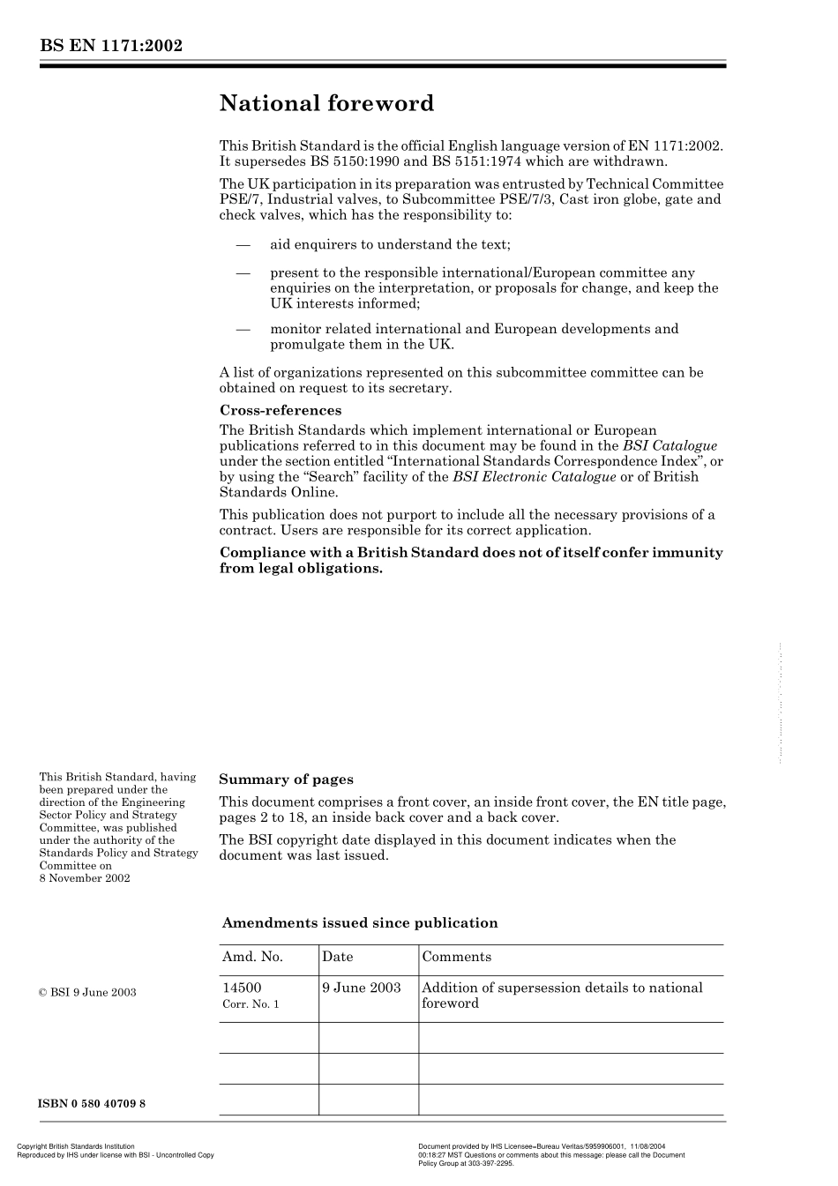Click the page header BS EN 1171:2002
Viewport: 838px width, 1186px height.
(x=110, y=46)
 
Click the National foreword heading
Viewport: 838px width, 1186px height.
(x=326, y=104)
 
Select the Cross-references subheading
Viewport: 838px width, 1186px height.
(x=280, y=410)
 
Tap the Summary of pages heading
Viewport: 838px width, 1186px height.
(x=286, y=779)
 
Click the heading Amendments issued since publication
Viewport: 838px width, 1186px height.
(x=360, y=923)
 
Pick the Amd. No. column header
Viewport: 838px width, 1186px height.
(x=252, y=957)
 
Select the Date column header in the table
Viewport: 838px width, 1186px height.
(x=337, y=957)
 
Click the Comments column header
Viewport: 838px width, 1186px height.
(x=456, y=957)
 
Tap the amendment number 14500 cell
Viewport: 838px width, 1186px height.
(x=242, y=988)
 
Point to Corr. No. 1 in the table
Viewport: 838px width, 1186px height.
(x=251, y=1004)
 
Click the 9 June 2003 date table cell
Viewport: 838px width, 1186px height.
(x=362, y=988)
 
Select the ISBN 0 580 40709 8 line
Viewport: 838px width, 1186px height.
(x=93, y=1104)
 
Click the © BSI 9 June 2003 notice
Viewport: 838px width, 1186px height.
(x=87, y=992)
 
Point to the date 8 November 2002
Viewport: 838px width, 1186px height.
(x=85, y=878)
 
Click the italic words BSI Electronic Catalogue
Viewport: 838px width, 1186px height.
(x=534, y=477)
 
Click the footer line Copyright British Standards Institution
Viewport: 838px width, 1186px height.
(x=76, y=1146)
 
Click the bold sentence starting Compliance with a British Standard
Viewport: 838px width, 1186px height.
(x=470, y=561)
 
